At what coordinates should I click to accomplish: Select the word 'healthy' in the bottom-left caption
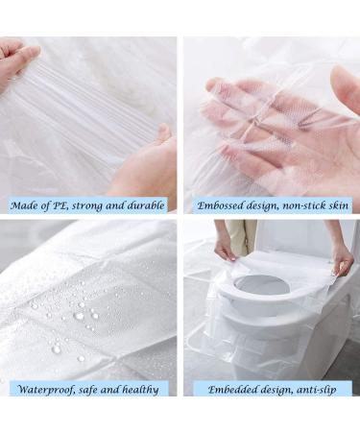click(x=141, y=390)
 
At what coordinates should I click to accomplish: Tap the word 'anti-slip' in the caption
click(x=317, y=390)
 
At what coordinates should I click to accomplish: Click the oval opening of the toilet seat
click(x=261, y=284)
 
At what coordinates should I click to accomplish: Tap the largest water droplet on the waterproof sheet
click(x=79, y=316)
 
